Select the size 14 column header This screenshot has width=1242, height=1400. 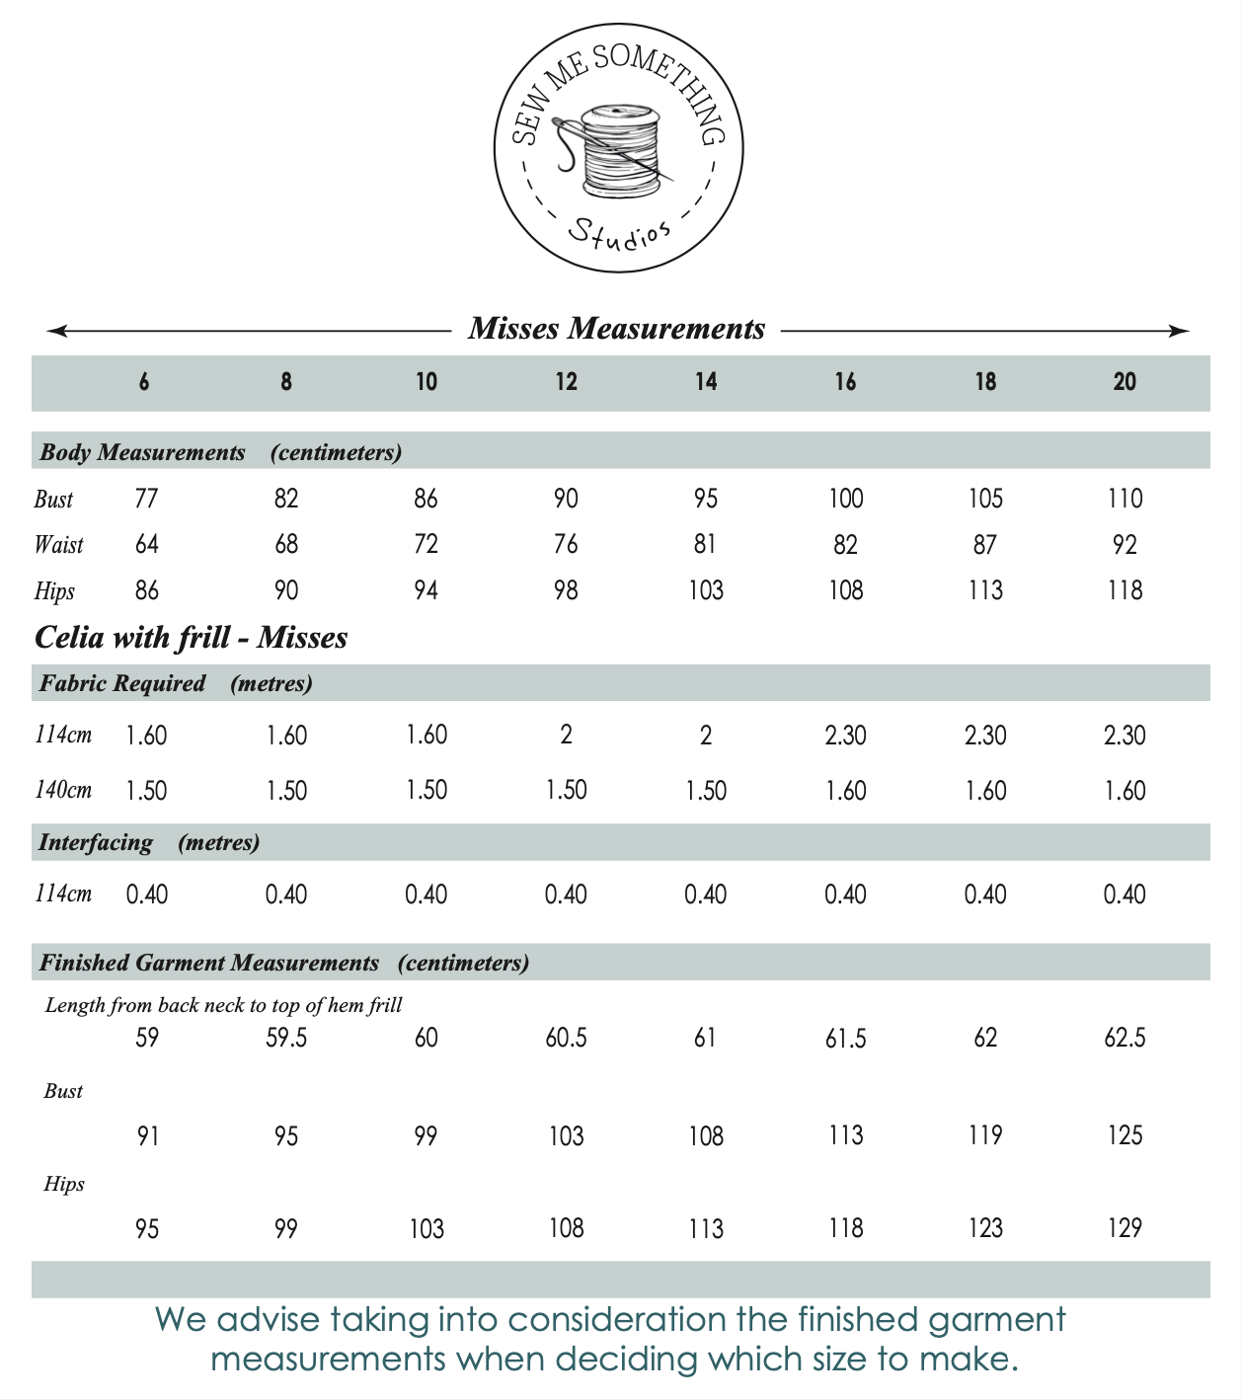(705, 381)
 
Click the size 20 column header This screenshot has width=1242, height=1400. (1125, 381)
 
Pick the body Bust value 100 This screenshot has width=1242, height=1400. (845, 499)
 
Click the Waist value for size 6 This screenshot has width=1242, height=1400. (146, 545)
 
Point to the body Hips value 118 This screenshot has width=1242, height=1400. (1125, 590)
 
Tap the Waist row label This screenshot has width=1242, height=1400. (59, 545)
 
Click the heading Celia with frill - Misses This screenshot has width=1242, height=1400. (191, 637)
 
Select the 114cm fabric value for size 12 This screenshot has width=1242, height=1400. (566, 735)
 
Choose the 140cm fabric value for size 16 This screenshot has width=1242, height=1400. (845, 790)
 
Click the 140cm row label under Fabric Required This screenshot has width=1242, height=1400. (63, 790)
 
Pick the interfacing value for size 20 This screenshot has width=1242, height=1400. (1125, 894)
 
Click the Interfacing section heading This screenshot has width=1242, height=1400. (96, 843)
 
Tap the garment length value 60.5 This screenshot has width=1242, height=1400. (566, 1038)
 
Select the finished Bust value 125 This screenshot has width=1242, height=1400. (1125, 1135)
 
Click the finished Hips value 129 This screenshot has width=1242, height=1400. (1125, 1228)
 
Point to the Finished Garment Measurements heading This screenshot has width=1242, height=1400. (208, 963)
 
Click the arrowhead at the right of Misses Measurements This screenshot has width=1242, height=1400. (1179, 331)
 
